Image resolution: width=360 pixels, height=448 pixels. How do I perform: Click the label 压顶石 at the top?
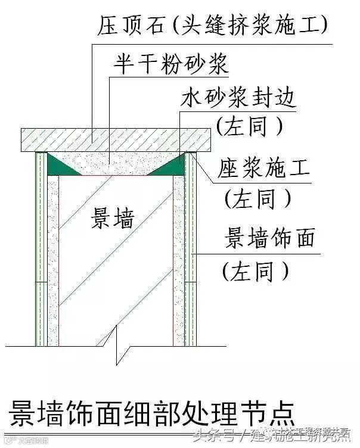131,24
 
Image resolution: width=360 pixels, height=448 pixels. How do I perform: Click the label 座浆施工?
266,167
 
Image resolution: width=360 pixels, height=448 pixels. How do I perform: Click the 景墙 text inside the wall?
112,219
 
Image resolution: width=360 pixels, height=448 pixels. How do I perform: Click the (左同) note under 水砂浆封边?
249,126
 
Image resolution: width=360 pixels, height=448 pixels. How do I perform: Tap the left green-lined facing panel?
42,250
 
